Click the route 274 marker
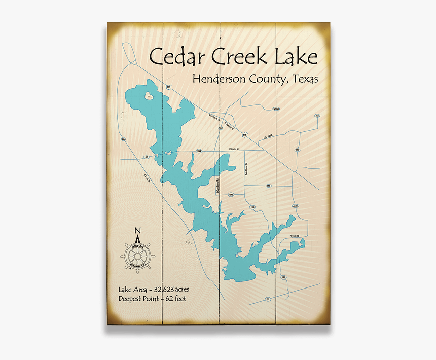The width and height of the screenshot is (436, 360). (x=123, y=139)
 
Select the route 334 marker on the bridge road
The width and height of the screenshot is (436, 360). (x=199, y=151)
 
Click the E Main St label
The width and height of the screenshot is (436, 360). (x=234, y=149)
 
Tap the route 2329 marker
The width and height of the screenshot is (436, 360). (x=296, y=206)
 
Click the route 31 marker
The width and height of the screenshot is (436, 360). (x=268, y=299)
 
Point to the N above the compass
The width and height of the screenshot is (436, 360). (x=137, y=231)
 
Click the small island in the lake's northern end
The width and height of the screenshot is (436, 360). (x=150, y=95)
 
